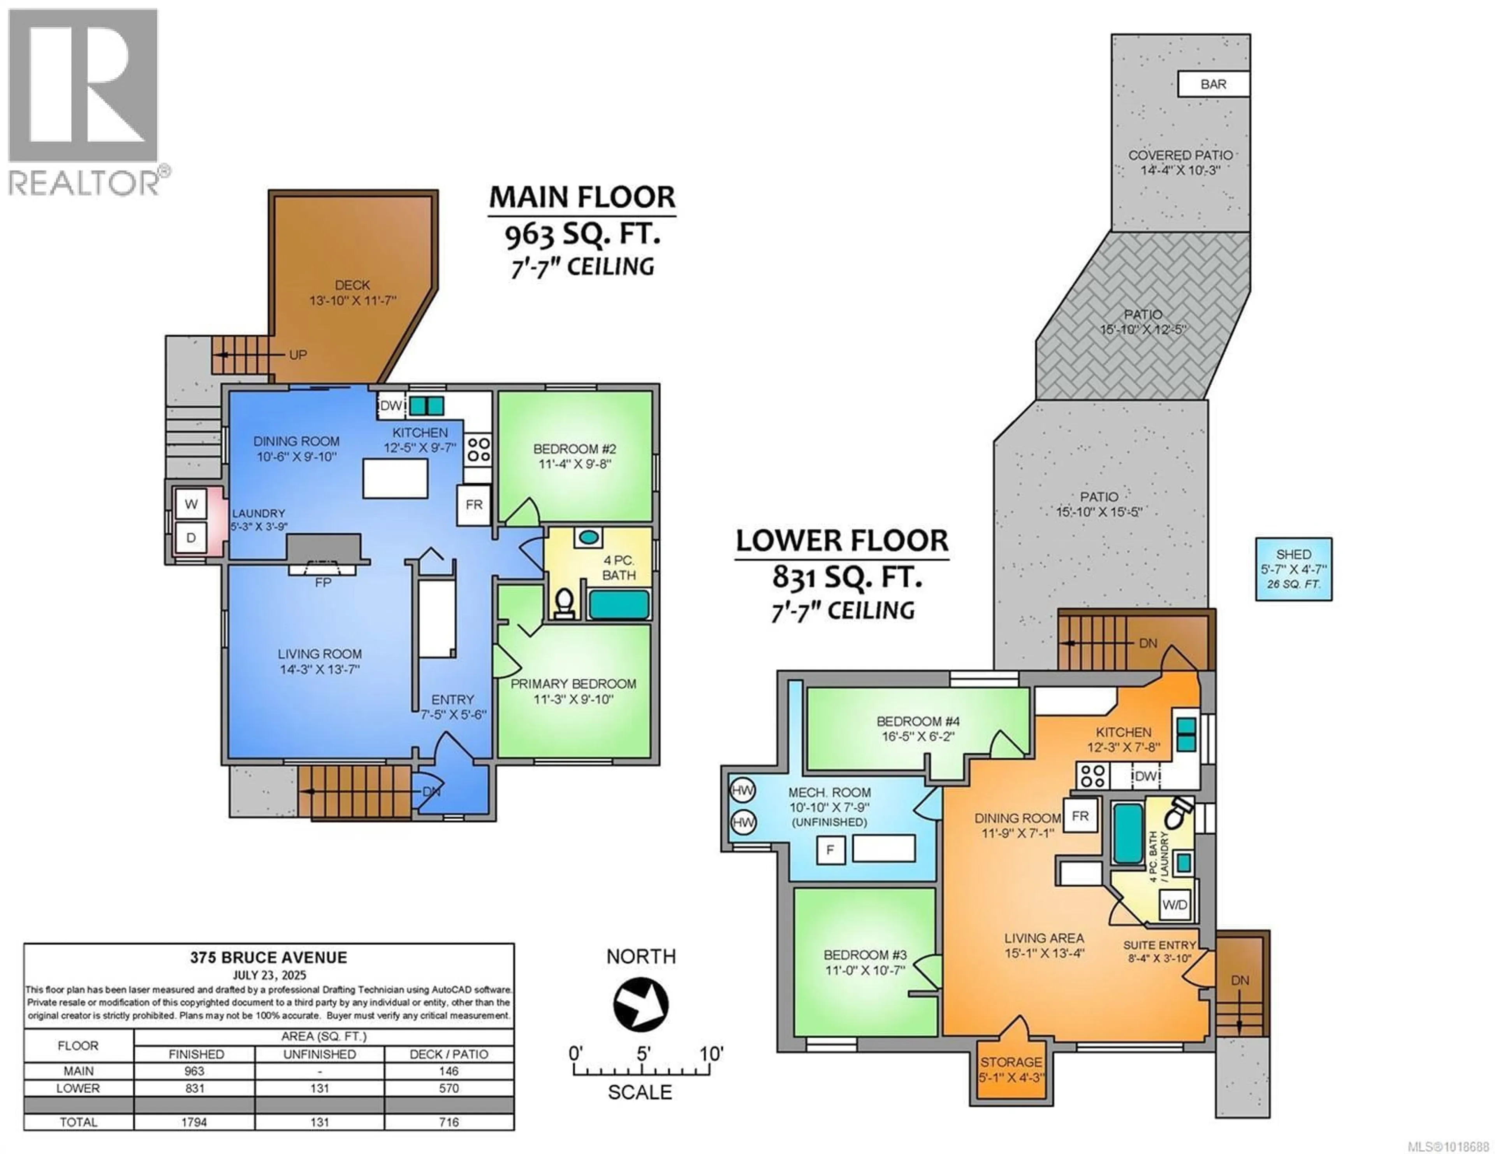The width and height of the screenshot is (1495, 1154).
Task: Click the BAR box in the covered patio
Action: [1213, 84]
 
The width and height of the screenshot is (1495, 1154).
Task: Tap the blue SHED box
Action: [1293, 569]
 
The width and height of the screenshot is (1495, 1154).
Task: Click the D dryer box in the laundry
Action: [191, 538]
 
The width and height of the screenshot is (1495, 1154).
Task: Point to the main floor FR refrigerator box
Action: [474, 505]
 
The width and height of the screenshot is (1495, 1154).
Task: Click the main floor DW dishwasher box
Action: [391, 406]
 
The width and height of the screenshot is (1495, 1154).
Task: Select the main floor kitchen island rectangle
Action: [395, 478]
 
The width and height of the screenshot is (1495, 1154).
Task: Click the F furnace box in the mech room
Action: [830, 850]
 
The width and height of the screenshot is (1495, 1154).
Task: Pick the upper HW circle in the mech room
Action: [743, 790]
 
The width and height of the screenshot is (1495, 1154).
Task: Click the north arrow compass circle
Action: [641, 1004]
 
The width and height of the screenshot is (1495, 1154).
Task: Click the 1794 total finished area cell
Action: [194, 1122]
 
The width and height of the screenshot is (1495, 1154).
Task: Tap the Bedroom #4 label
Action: [918, 721]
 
